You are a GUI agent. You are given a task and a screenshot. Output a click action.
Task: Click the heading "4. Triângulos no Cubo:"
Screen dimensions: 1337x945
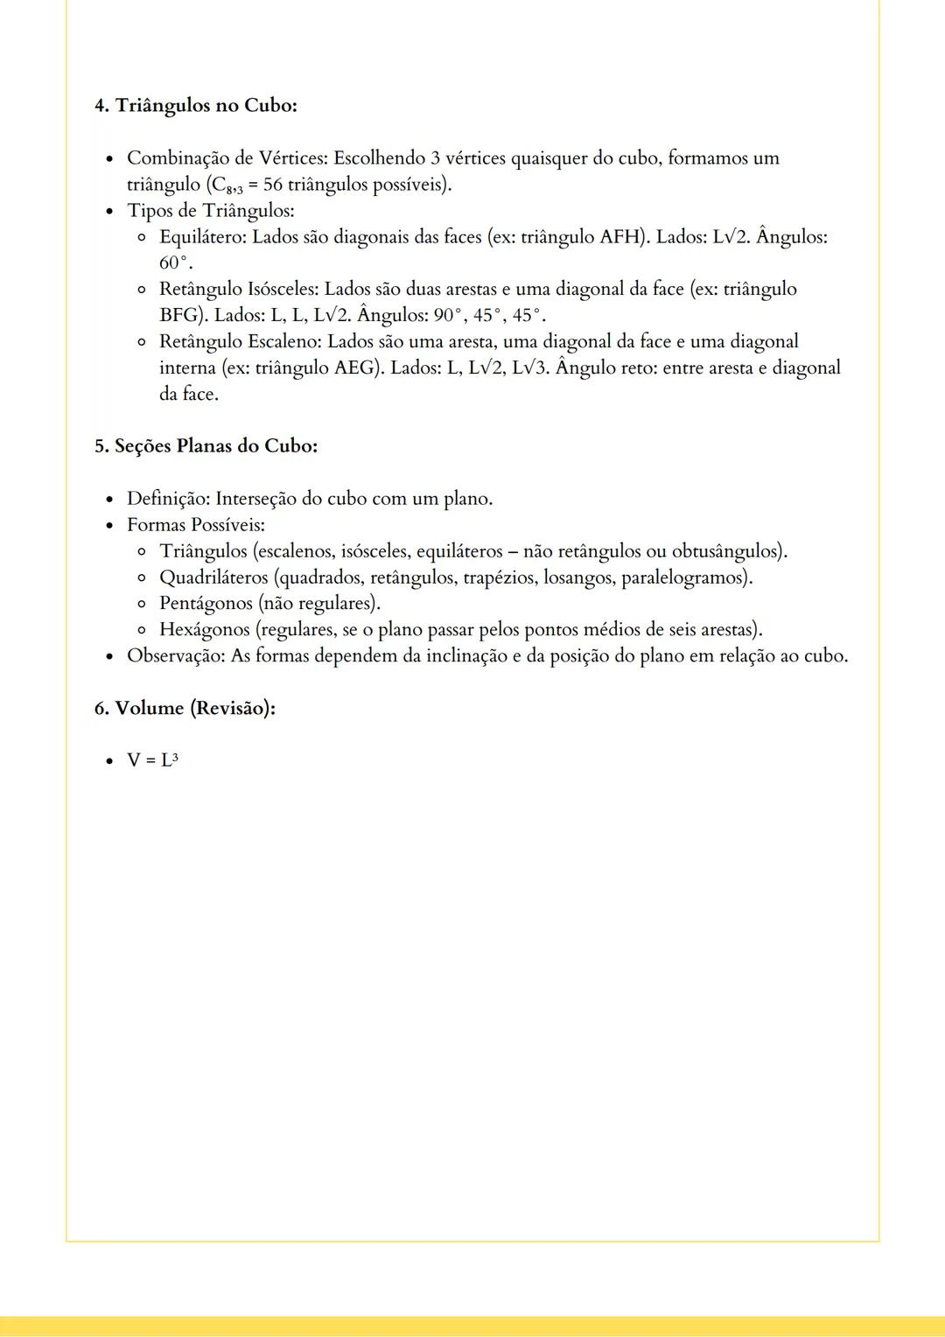pos(196,106)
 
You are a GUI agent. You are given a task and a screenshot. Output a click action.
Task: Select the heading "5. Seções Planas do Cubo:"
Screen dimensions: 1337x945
pos(206,446)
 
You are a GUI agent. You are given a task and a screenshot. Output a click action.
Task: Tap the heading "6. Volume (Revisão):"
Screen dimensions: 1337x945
pos(185,708)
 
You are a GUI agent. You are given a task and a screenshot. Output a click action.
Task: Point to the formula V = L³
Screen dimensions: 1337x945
pos(152,760)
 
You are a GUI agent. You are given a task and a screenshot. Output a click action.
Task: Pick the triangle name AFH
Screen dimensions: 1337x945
pos(619,237)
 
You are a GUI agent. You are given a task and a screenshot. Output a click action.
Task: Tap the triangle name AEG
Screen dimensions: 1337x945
pos(357,368)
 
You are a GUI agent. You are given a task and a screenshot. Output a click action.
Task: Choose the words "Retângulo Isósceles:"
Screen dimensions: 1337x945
pos(239,290)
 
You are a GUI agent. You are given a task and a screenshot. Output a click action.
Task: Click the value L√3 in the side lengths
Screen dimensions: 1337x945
pos(529,368)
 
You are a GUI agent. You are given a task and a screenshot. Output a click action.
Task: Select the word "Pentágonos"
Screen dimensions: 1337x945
pos(206,604)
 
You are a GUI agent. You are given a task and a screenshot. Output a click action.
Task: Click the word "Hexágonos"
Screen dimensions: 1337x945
pos(205,630)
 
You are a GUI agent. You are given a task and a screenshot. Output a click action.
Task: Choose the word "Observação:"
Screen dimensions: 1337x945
pos(176,655)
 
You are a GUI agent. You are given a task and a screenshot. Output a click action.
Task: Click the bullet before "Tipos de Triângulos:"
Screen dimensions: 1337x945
pos(109,211)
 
